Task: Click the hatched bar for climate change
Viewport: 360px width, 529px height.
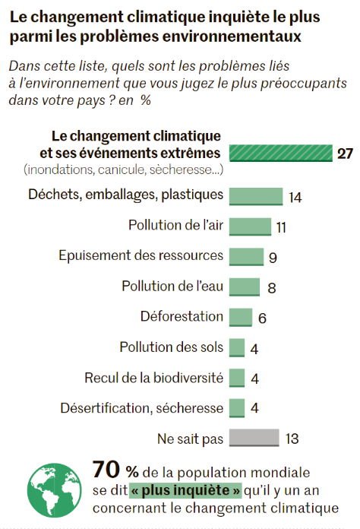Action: pos(281,154)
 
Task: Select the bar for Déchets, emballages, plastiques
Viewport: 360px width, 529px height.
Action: pos(256,196)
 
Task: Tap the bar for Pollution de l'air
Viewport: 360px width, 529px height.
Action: pos(250,226)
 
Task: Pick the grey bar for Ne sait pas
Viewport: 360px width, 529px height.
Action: pos(254,438)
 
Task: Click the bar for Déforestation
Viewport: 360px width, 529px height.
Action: pos(241,317)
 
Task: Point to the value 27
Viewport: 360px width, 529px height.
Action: pos(345,154)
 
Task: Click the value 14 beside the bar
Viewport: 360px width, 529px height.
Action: pos(295,198)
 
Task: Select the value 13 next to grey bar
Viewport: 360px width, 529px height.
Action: pos(292,439)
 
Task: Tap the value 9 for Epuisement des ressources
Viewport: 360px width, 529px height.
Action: pos(273,258)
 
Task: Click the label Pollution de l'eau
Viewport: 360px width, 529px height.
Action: pos(172,286)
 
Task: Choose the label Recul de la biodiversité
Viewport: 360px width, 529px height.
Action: pos(153,378)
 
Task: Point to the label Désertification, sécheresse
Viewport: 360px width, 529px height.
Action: pos(142,408)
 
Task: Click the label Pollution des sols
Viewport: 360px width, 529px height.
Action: pos(172,347)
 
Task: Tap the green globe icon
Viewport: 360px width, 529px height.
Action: pos(54,490)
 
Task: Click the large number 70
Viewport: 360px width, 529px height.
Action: pos(106,470)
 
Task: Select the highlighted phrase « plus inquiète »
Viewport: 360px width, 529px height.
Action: pos(185,490)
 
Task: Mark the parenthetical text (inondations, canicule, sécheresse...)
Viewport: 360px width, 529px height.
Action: pos(123,169)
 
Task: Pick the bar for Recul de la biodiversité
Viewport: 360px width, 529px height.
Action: pos(237,378)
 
